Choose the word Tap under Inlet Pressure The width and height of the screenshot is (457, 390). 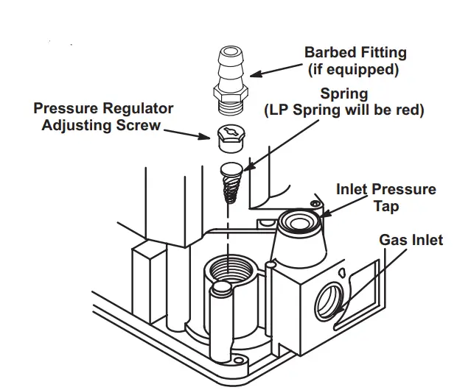coord(386,206)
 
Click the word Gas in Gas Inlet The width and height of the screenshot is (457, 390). coord(393,241)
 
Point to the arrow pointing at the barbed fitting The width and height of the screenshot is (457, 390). coord(276,70)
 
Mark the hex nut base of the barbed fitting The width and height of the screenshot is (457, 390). coord(228,94)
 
